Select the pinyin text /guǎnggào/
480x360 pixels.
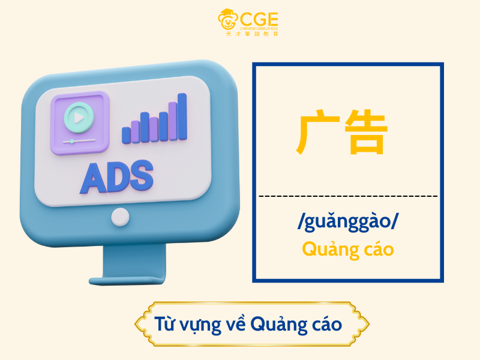tap(348, 223)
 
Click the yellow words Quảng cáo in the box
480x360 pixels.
tap(348, 248)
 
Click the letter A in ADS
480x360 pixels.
tap(94, 176)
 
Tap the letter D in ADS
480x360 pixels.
tap(118, 176)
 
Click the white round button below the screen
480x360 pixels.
tap(121, 217)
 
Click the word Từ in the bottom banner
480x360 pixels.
tap(165, 324)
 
